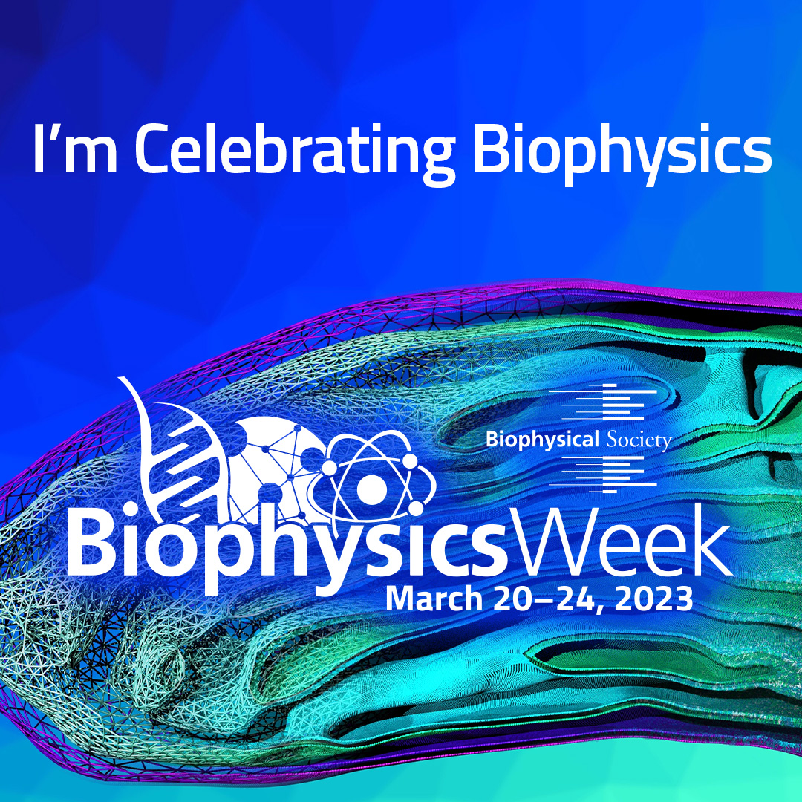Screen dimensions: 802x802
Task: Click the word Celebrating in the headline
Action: click(295, 151)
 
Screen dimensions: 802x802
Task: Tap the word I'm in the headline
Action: click(75, 149)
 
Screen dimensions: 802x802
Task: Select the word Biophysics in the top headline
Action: click(622, 151)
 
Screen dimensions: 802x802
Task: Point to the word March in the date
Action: click(434, 599)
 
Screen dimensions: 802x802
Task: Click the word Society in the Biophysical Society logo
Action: click(639, 440)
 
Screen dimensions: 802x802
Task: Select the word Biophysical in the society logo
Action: click(542, 440)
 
